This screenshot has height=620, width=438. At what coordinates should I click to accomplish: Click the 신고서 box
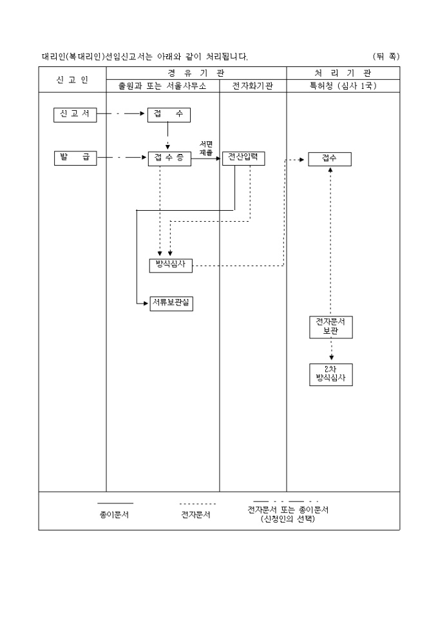75,115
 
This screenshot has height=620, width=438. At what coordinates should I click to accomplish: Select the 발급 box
75,158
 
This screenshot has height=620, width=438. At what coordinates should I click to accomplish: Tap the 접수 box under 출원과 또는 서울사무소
169,115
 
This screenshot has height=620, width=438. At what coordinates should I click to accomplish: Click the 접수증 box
169,159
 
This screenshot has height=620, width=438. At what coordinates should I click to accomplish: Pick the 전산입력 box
243,159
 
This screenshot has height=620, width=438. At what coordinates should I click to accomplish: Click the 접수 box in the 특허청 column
329,159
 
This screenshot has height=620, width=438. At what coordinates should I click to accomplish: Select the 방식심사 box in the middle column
170,265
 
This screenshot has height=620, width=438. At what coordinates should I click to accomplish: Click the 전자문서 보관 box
330,327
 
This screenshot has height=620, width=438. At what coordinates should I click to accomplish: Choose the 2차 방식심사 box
330,374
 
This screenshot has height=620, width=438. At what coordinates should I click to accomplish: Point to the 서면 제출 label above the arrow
205,148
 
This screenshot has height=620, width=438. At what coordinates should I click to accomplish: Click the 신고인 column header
72,79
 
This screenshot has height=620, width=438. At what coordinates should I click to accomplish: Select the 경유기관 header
196,73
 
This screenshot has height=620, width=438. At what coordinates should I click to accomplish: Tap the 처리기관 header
343,73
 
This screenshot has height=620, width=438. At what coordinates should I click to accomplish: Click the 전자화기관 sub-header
252,86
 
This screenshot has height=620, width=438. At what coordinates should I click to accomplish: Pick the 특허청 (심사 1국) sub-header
343,86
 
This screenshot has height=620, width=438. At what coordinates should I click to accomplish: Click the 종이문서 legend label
114,514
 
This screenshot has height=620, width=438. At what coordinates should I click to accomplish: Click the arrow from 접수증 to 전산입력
206,159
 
